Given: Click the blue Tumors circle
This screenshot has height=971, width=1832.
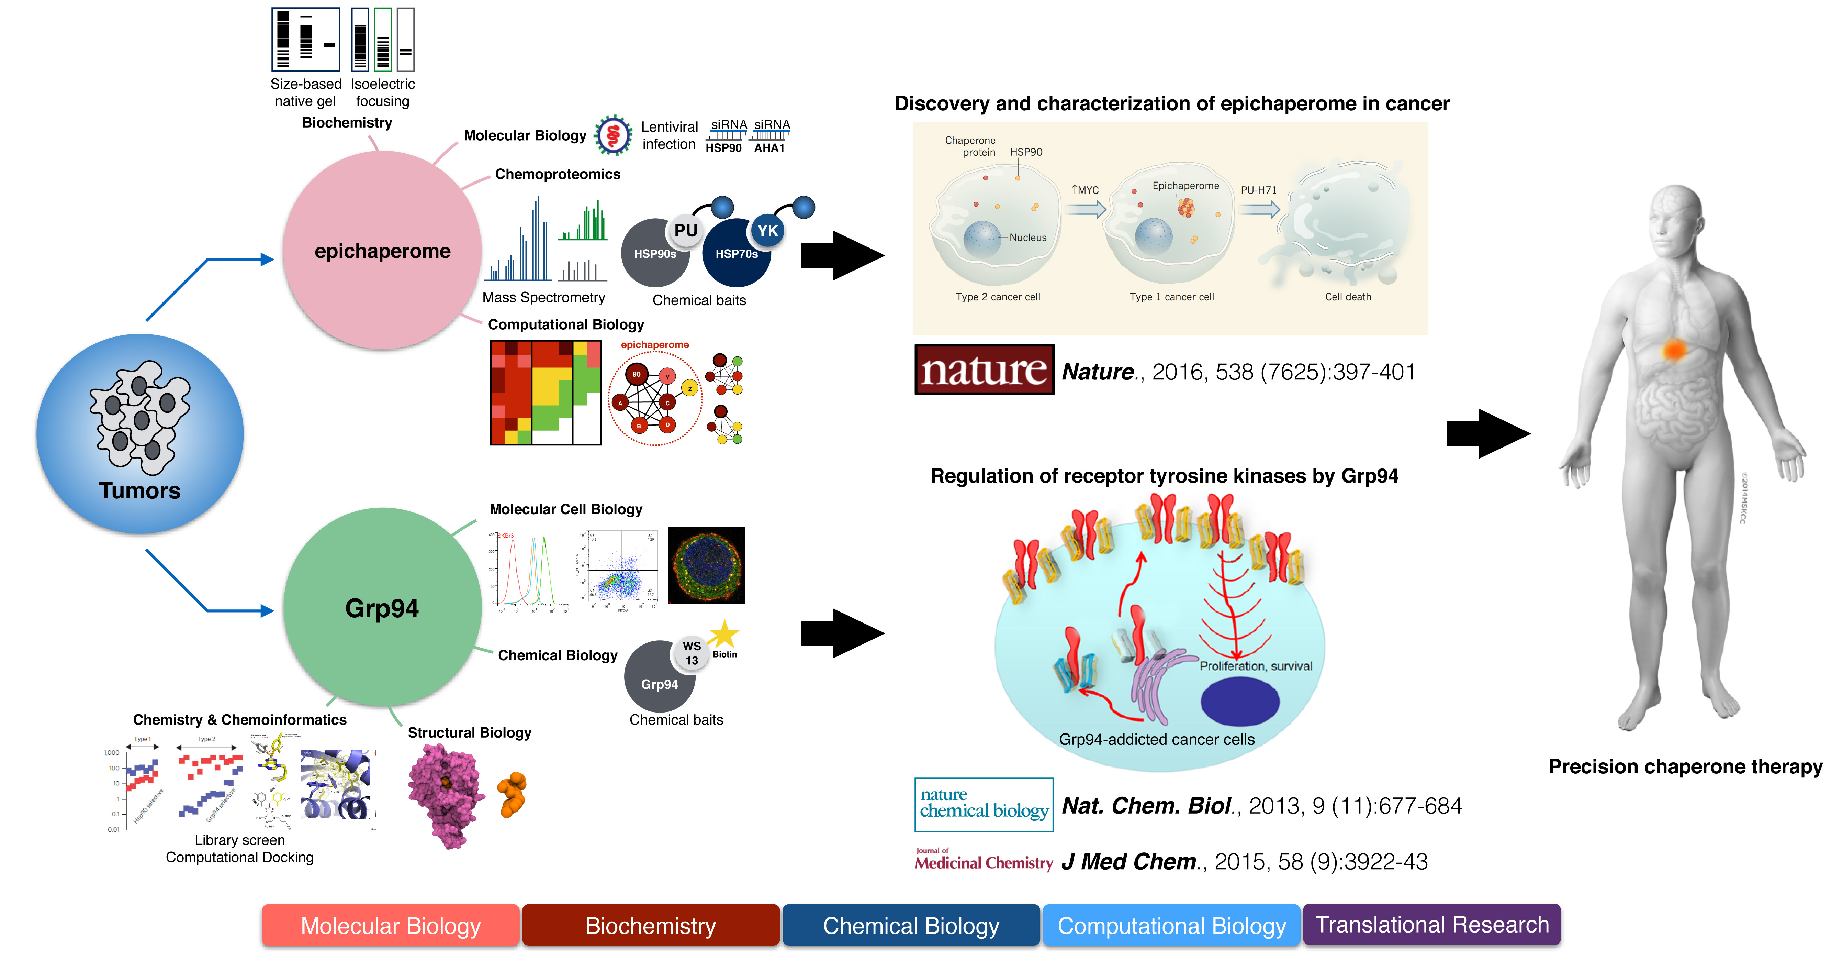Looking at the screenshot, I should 140,434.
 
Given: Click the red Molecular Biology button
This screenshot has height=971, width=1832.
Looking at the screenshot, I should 391,926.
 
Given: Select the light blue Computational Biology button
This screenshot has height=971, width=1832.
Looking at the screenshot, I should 1171,926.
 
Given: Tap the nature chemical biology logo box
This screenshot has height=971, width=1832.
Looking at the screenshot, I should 984,805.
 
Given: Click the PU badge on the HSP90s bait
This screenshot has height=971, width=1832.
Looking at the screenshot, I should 686,231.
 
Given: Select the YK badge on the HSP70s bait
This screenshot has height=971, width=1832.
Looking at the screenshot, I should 767,231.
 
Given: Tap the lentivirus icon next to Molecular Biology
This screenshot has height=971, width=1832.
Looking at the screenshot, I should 613,135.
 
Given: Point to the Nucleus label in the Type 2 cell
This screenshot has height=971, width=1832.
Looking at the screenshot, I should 1028,238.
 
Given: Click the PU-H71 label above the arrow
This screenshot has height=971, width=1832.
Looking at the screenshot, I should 1258,191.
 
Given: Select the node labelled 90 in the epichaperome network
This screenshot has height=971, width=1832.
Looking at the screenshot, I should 637,374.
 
